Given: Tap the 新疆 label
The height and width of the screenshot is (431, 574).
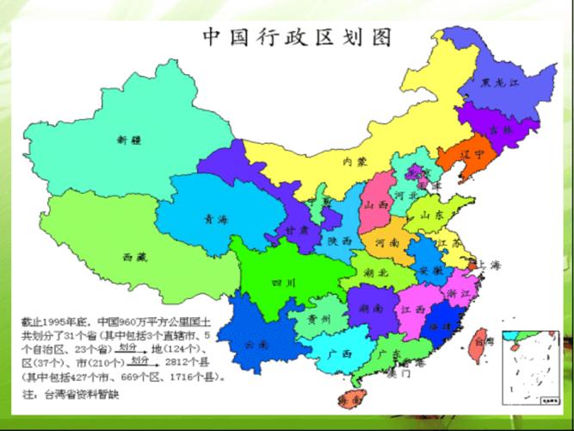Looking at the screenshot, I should pyautogui.click(x=128, y=139).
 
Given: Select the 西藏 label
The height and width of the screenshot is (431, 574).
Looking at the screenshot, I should pyautogui.click(x=133, y=257).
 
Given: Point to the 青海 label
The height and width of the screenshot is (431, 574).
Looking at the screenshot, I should pyautogui.click(x=215, y=219).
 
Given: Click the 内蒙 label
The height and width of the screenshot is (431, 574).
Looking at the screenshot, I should pyautogui.click(x=355, y=161).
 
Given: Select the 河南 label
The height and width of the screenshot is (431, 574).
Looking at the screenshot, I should pyautogui.click(x=387, y=244).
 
